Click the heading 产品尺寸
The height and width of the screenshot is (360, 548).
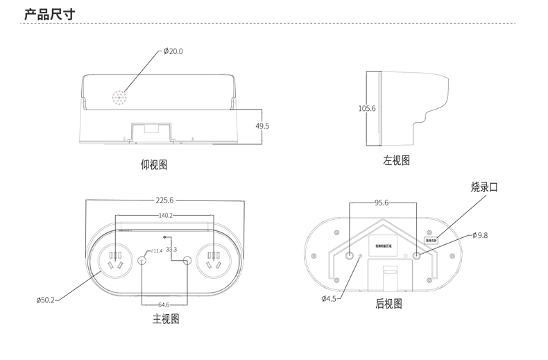click(x=49, y=15)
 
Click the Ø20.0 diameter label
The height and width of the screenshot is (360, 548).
click(x=173, y=51)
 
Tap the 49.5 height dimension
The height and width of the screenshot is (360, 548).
click(x=262, y=126)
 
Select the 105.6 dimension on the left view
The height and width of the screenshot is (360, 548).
click(x=367, y=108)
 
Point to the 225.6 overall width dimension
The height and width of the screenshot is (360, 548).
click(x=165, y=200)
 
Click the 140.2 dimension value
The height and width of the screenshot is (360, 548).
click(x=165, y=216)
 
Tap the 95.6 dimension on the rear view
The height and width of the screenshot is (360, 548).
click(x=382, y=203)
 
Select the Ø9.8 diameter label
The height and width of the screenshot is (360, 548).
click(x=480, y=235)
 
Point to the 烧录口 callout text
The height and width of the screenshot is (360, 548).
click(x=484, y=187)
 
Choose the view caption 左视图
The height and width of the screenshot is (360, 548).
click(x=397, y=160)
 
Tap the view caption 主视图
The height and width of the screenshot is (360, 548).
click(x=166, y=319)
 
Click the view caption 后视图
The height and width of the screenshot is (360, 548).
click(x=388, y=303)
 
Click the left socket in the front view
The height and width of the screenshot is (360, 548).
click(x=114, y=262)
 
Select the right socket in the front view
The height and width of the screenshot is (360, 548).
click(x=214, y=262)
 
